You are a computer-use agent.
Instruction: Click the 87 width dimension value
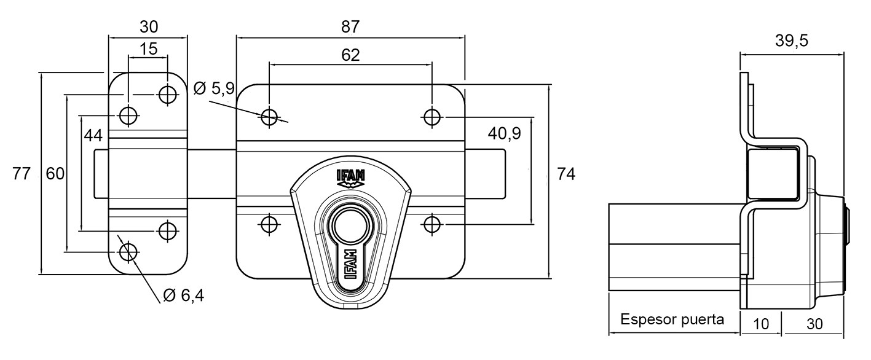[350, 27]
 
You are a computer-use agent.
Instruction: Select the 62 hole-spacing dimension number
[350, 55]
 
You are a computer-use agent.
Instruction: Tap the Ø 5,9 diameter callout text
[215, 88]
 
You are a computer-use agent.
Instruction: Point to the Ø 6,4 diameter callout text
[184, 296]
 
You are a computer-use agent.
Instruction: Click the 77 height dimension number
[22, 173]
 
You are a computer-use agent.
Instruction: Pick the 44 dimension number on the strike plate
[93, 136]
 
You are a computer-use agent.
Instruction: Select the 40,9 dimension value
[504, 134]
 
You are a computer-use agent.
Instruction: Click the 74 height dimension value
[566, 174]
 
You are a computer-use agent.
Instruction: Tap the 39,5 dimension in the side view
[792, 41]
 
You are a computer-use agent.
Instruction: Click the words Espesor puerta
[672, 319]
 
